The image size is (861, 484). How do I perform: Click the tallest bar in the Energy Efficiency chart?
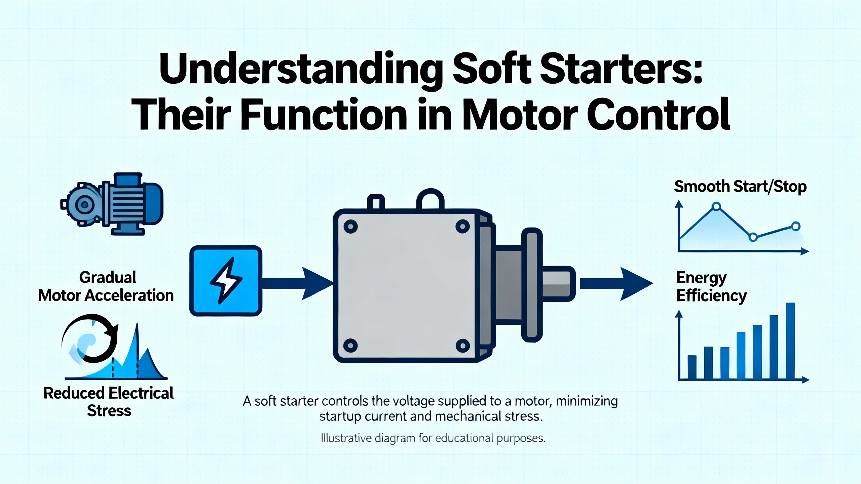point(790,341)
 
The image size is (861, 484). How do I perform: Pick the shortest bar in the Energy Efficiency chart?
point(692,367)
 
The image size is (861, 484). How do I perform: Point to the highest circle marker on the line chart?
point(716,206)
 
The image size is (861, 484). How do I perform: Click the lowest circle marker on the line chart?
point(753,237)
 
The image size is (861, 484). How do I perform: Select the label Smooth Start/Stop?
point(740,187)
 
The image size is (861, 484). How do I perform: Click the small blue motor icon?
point(112,204)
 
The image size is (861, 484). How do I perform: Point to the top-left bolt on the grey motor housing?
point(350,227)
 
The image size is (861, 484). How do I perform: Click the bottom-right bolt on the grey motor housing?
point(462,346)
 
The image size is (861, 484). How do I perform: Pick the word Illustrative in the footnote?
point(346,438)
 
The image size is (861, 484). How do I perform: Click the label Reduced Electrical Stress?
point(109,402)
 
